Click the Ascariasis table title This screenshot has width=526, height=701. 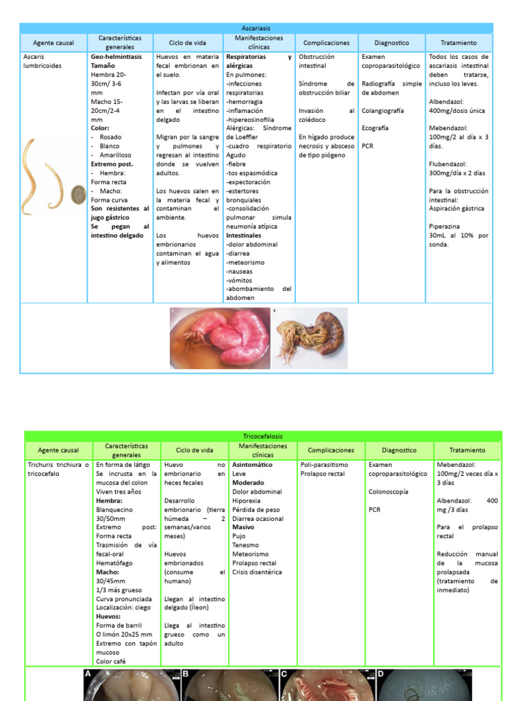[x=256, y=28]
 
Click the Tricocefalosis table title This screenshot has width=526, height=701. [x=262, y=436]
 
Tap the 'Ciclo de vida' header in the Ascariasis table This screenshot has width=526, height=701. [x=188, y=42]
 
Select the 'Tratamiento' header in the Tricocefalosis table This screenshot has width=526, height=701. [x=467, y=450]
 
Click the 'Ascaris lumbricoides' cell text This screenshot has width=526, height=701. [x=42, y=62]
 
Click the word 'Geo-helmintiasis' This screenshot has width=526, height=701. [x=116, y=57]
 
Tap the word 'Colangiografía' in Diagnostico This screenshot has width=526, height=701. [x=383, y=110]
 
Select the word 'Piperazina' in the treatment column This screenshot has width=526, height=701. [x=444, y=226]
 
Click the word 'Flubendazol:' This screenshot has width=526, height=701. [x=449, y=164]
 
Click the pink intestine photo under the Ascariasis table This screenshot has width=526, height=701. [x=219, y=337]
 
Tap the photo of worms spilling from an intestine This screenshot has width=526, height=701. [x=310, y=337]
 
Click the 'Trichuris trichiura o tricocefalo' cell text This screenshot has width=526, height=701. [x=58, y=469]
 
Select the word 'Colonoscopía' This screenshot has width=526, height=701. [x=388, y=492]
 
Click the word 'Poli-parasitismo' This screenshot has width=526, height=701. [x=324, y=465]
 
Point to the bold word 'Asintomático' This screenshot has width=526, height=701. [x=252, y=465]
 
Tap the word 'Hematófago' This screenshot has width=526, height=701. [x=114, y=563]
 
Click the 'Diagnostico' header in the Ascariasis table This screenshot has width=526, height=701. [x=392, y=42]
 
